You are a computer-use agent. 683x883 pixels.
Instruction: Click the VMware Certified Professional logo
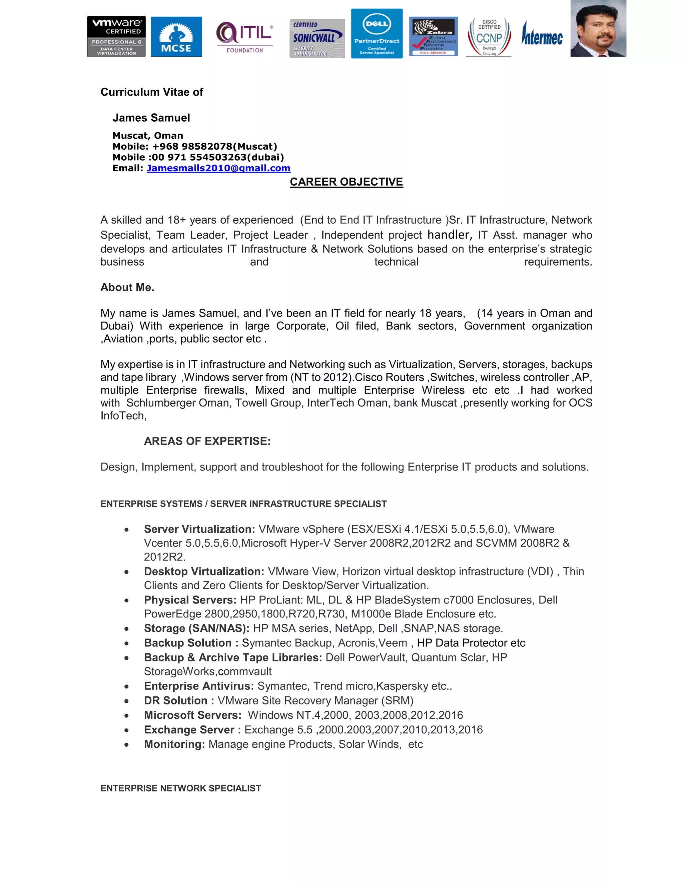pos(116,36)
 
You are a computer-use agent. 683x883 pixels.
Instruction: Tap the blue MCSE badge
pos(176,37)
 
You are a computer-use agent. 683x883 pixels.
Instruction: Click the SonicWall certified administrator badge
pos(317,38)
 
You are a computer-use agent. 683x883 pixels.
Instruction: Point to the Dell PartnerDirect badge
pos(377,34)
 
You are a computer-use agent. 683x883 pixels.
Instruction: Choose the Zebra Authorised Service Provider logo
pos(433,36)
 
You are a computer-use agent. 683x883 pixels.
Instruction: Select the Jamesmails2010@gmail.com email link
pos(218,168)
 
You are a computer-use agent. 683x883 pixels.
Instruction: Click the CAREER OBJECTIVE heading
pos(347,182)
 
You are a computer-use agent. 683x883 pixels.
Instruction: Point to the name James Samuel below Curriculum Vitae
pos(151,118)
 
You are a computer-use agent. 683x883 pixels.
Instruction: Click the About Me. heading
pos(127,288)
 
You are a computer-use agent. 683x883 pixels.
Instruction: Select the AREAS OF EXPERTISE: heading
pos(207,441)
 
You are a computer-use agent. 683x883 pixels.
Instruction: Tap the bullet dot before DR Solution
pos(127,701)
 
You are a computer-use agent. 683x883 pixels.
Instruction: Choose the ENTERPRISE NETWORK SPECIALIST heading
pos(181,788)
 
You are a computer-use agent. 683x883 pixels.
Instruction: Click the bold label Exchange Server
pos(189,730)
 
